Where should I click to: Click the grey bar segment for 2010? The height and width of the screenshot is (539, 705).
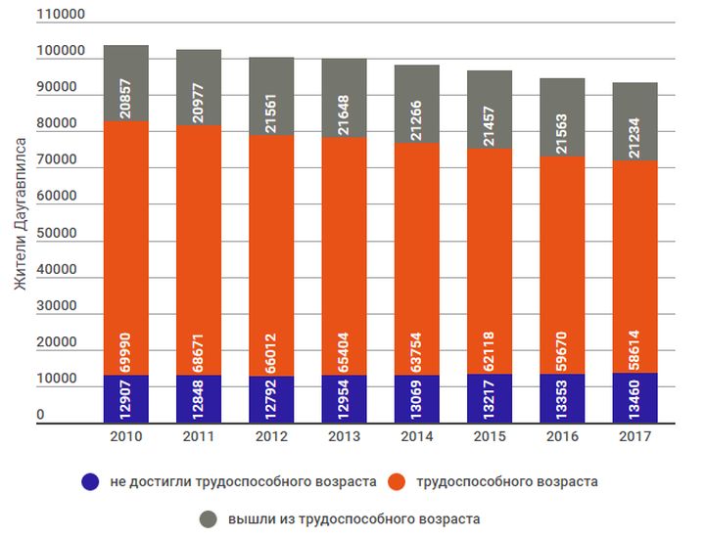[x=125, y=83]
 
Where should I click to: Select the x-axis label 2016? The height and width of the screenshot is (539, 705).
[x=561, y=437]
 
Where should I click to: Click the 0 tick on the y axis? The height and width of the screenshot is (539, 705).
[x=40, y=416]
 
